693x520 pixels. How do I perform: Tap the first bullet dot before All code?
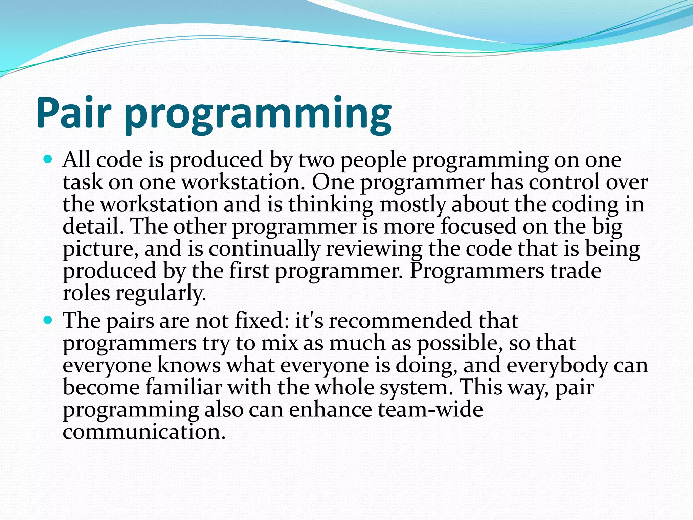click(48, 158)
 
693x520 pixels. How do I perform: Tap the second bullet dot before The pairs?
click(48, 319)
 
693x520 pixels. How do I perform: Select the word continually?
click(264, 249)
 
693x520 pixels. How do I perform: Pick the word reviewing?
click(374, 249)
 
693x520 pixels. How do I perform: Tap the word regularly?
click(161, 294)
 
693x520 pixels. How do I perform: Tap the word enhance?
click(330, 410)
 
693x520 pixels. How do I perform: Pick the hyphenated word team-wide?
click(430, 410)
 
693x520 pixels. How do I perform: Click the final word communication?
click(144, 432)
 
